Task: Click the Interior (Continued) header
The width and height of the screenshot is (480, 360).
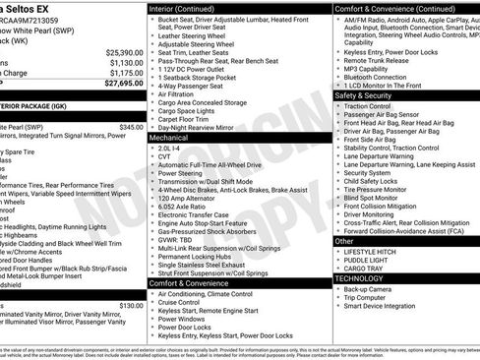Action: tap(189, 7)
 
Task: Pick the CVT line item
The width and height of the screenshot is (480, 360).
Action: tap(166, 156)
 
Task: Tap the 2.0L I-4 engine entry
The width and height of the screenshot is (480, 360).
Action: tap(172, 148)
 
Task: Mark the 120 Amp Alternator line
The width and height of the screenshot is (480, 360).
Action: tap(182, 199)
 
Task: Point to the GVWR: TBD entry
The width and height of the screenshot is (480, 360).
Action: tap(175, 239)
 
